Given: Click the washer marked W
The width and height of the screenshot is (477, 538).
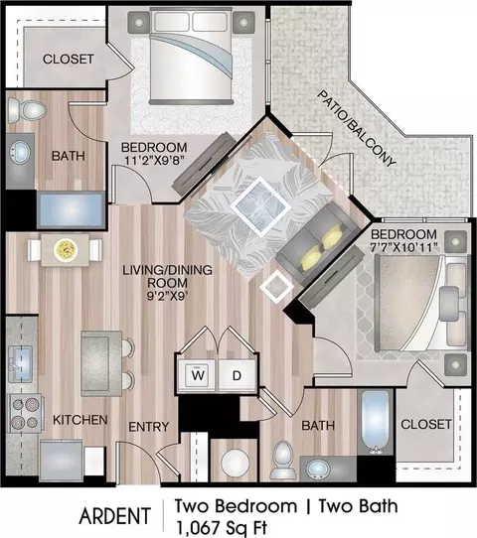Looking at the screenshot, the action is [198, 376].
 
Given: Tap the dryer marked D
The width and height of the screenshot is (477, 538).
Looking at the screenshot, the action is [237, 376].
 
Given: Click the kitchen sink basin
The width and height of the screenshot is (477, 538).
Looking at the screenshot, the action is [21, 364].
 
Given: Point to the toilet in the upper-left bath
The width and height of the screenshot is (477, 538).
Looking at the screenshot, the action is [27, 110].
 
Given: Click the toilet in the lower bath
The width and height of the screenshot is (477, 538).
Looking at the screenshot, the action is [283, 460].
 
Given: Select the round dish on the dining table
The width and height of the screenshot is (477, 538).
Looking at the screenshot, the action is [66, 249].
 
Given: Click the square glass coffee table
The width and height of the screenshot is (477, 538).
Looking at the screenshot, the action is [260, 206].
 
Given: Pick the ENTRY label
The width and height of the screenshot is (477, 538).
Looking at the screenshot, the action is [149, 427].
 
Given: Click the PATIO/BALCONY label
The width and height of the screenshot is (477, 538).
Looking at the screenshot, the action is [356, 129].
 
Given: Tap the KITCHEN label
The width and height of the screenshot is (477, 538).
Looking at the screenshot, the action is [80, 420].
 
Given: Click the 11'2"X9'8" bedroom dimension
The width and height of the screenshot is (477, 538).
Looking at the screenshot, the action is [153, 160].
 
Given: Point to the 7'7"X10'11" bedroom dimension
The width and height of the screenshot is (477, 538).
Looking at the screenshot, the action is [404, 247].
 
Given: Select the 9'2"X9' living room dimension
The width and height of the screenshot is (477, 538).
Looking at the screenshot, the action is [167, 296].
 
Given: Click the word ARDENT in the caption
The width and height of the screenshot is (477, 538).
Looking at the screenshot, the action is [114, 516].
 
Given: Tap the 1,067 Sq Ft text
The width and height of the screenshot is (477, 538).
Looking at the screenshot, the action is [221, 528].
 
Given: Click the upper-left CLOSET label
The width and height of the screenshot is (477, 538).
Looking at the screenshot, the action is [68, 59].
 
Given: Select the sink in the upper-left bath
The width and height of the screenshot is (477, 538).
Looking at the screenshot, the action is [20, 152].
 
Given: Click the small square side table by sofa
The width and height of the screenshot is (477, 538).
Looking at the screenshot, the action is [277, 287].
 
